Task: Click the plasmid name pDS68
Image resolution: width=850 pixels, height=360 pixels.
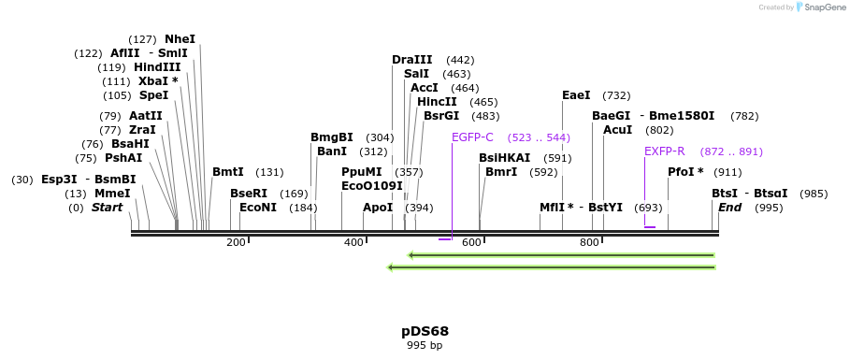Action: click(x=425, y=331)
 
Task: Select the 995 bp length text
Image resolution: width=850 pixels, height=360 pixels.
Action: click(x=425, y=345)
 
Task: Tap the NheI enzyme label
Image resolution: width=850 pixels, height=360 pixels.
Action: click(x=180, y=39)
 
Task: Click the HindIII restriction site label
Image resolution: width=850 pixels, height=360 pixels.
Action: click(x=157, y=67)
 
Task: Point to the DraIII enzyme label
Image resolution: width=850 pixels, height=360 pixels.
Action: click(x=412, y=60)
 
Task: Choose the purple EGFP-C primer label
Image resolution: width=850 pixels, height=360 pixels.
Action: click(x=472, y=137)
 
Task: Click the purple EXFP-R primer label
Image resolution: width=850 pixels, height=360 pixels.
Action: click(x=664, y=151)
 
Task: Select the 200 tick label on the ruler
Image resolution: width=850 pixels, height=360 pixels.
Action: click(x=236, y=243)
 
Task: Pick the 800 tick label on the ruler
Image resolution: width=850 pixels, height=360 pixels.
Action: click(x=589, y=243)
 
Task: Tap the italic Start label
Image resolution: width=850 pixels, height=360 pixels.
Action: click(x=107, y=208)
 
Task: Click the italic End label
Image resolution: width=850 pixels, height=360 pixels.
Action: click(x=729, y=208)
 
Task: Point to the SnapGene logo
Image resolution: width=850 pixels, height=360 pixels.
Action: click(x=814, y=7)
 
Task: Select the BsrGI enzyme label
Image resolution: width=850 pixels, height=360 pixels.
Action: click(x=441, y=116)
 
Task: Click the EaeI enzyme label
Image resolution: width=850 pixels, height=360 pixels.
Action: click(x=576, y=95)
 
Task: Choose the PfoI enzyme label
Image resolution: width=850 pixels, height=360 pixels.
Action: click(x=684, y=172)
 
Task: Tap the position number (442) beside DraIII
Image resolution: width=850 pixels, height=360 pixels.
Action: click(x=461, y=60)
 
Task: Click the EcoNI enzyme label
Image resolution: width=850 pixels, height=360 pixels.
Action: click(x=258, y=208)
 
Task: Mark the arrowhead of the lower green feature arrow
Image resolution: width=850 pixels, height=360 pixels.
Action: click(x=391, y=267)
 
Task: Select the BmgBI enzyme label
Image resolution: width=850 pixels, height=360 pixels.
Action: click(x=332, y=137)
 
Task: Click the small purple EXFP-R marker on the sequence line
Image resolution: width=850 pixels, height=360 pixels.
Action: click(x=650, y=227)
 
